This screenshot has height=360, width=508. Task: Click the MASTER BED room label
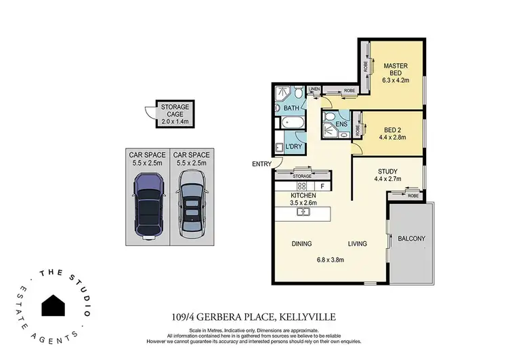click(395, 71)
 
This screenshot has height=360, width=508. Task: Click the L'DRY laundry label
click(293, 147)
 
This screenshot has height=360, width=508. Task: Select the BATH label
click(292, 108)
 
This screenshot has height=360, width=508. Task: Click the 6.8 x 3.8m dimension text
click(331, 259)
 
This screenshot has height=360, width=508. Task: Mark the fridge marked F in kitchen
click(322, 185)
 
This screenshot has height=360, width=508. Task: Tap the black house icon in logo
click(55, 306)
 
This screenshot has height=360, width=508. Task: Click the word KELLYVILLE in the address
click(310, 316)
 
